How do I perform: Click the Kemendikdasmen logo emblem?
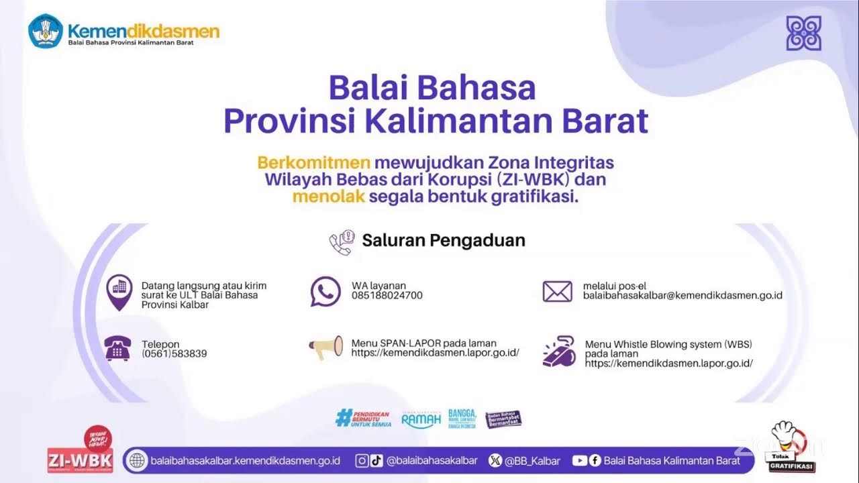pos(46,31)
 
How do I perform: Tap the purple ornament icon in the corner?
pos(803,34)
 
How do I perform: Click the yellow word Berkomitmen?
pos(314,163)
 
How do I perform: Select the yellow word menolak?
pos(328,197)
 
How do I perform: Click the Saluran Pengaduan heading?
pos(443,240)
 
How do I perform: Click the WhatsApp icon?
pos(325,291)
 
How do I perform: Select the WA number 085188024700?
pos(387,295)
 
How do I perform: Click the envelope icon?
pos(557,291)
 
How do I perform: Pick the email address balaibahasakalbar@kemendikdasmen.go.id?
pos(682,295)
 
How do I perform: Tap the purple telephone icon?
pos(117,349)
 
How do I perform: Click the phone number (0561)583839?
pos(174,354)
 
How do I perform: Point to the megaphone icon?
pos(325,347)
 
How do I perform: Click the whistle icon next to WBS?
pos(559,351)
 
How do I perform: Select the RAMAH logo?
pos(421,420)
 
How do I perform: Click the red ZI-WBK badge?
pos(80,460)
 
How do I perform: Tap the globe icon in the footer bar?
pos(137,461)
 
